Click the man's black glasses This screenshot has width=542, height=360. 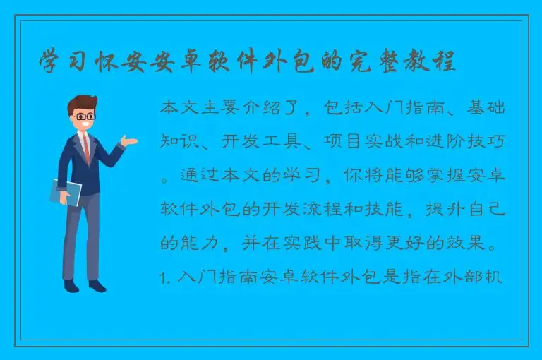85,116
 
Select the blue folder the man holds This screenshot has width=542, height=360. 66,191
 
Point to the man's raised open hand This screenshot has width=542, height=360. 129,141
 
